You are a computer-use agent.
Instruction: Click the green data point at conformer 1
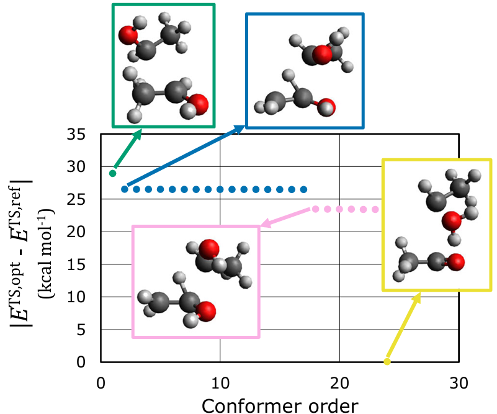(x=113, y=173)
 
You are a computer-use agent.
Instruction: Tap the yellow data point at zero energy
(x=387, y=361)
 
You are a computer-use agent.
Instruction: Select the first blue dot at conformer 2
(x=125, y=189)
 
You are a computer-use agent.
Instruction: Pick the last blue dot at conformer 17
(x=303, y=189)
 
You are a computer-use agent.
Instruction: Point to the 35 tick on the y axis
(x=84, y=135)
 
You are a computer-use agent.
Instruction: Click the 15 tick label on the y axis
(x=84, y=264)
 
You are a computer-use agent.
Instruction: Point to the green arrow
(x=127, y=150)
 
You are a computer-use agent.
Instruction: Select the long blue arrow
(x=186, y=156)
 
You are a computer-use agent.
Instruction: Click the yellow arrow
(x=403, y=326)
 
